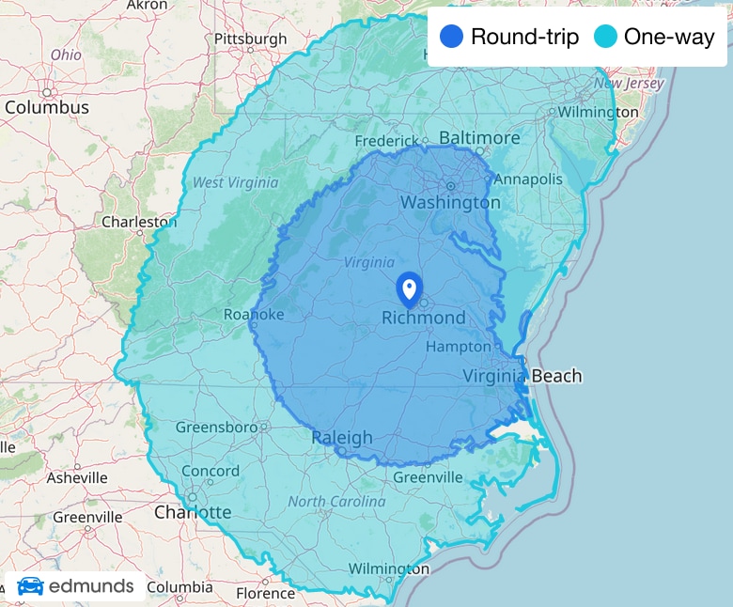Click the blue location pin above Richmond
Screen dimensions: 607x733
click(409, 288)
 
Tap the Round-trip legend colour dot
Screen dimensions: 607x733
click(453, 38)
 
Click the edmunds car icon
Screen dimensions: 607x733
click(30, 586)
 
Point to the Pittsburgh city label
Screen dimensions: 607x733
click(250, 39)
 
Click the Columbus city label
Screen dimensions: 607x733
click(47, 107)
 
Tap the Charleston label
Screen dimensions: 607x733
click(139, 223)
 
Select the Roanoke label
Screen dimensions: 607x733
click(253, 315)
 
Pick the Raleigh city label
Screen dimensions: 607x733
click(342, 438)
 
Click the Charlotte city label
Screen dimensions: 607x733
click(193, 512)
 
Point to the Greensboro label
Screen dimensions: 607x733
click(216, 428)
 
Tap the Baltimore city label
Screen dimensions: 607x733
click(479, 138)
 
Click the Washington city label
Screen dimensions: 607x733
click(450, 202)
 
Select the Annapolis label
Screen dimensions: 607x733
click(528, 179)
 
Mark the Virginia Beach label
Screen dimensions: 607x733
click(522, 376)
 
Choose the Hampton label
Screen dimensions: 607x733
click(459, 347)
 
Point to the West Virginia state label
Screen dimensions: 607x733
click(235, 182)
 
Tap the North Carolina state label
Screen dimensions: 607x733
click(336, 502)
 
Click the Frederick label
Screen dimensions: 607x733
click(385, 141)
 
